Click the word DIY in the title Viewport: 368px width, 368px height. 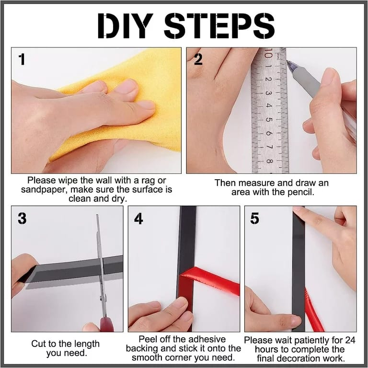pyautogui.click(x=125, y=25)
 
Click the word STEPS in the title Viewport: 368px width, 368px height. pyautogui.click(x=219, y=25)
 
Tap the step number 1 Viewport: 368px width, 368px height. pyautogui.click(x=22, y=59)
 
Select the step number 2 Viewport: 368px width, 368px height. pyautogui.click(x=198, y=59)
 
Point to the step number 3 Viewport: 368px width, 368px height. pyautogui.click(x=22, y=218)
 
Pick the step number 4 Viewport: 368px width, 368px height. pyautogui.click(x=138, y=218)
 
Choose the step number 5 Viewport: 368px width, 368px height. pyautogui.click(x=255, y=218)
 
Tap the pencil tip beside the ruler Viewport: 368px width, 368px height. pyautogui.click(x=287, y=61)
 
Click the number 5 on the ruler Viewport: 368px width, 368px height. pyautogui.click(x=268, y=119)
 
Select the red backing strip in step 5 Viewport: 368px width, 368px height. pyautogui.click(x=314, y=310)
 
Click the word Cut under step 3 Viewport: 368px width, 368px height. pyautogui.click(x=39, y=344)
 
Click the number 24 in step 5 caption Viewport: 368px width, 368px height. pyautogui.click(x=350, y=340)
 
